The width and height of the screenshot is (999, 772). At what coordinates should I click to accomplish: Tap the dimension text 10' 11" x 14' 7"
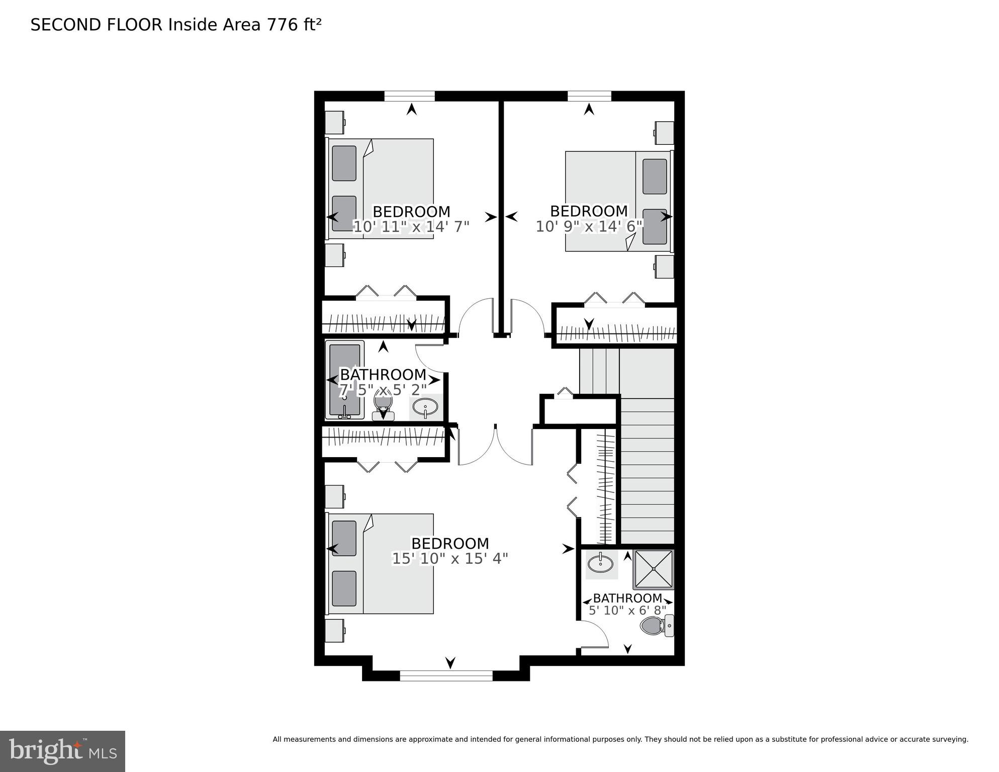point(411,227)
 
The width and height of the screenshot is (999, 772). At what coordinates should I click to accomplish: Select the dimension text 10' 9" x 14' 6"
point(589,226)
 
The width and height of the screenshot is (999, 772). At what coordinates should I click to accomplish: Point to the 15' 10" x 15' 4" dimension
point(450,559)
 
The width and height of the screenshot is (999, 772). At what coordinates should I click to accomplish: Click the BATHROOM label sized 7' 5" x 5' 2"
point(383,375)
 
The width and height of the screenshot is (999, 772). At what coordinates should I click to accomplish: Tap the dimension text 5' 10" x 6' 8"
point(627,610)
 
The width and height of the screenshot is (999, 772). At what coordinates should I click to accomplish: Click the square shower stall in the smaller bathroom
point(653,569)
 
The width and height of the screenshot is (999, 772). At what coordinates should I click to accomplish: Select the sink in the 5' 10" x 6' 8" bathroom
point(601,564)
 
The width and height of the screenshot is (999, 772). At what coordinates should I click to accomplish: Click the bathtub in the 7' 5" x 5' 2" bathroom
point(344,380)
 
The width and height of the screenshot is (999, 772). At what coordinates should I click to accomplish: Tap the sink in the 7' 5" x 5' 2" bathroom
point(425,406)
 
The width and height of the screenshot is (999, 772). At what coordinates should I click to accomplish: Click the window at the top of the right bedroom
point(589,96)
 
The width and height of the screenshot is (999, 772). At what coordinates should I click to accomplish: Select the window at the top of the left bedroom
point(409,96)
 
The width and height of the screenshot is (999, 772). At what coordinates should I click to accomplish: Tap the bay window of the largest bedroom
point(446,675)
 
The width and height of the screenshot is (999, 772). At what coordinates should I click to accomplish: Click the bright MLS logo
point(62,751)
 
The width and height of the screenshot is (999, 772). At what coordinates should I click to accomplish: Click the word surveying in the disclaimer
point(950,739)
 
